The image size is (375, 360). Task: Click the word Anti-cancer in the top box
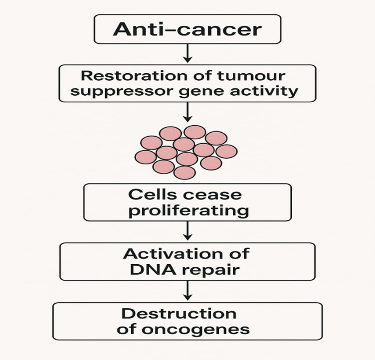pos(187,29)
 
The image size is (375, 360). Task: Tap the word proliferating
pos(187,210)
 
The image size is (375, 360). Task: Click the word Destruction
pos(179,314)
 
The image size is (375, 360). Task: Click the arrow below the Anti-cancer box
pos(187,53)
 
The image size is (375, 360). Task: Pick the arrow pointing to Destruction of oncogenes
pos(187,291)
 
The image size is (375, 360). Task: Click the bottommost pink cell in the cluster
pos(185,172)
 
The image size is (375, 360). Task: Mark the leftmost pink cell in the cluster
pos(146,157)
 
